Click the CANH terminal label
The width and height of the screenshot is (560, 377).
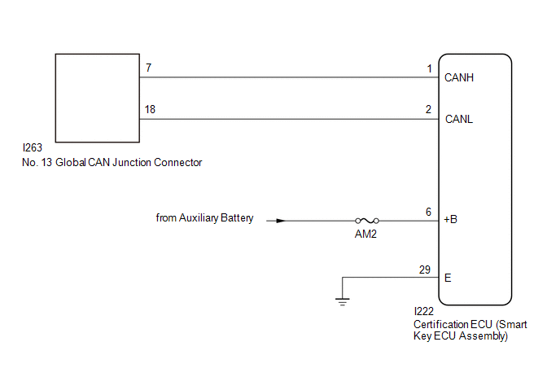pos(459,77)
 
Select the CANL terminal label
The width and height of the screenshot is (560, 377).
pos(459,119)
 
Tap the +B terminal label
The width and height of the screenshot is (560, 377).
pos(450,219)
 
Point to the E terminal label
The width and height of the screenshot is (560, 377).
pos(448,278)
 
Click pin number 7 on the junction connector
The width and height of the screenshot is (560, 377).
pos(149,68)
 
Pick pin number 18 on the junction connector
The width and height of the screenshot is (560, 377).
pos(150,109)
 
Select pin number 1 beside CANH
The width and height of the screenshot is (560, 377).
pos(429,68)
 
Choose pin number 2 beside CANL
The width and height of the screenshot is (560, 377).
pos(429,109)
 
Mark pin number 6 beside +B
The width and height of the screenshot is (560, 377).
pos(429,212)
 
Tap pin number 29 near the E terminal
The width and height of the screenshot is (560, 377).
pos(425,270)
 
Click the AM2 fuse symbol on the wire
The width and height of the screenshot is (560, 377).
pos(367,221)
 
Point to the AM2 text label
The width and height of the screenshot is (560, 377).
pos(365,234)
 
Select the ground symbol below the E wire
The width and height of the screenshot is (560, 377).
pos(343,301)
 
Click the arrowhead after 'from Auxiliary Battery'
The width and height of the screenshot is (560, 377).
pos(281,221)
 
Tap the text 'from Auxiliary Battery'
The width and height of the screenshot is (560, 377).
pos(204,217)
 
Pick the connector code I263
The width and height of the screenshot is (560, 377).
pos(32,147)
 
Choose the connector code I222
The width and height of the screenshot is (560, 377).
pos(423,311)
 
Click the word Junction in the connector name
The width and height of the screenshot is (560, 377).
pos(132,162)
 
